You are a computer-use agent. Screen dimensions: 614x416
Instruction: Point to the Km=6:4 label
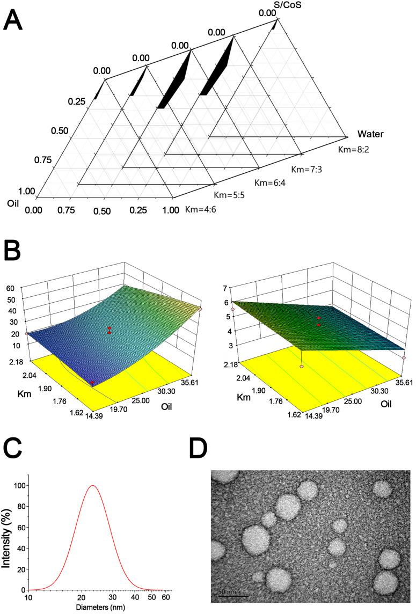(272, 181)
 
